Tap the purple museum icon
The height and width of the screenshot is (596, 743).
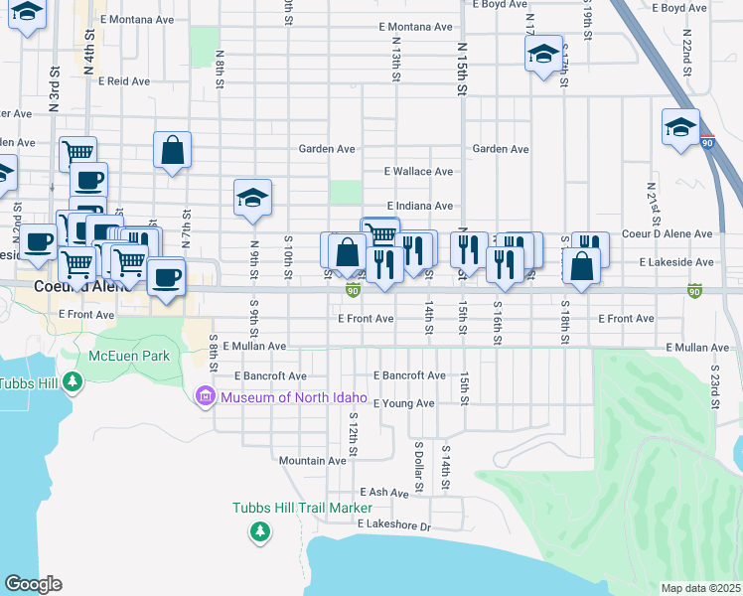(x=206, y=398)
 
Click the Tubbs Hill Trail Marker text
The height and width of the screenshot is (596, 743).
(x=302, y=507)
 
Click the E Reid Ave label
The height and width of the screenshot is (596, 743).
(x=123, y=80)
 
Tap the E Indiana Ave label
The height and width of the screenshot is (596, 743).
(x=419, y=206)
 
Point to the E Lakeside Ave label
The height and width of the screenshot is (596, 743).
(x=676, y=262)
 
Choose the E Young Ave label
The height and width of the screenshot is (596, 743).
(x=403, y=403)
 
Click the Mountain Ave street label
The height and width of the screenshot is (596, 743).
(x=312, y=461)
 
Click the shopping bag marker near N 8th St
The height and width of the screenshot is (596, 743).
(x=172, y=152)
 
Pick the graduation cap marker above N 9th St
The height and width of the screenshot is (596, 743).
(x=252, y=199)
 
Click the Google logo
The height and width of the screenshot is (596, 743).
(x=33, y=584)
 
